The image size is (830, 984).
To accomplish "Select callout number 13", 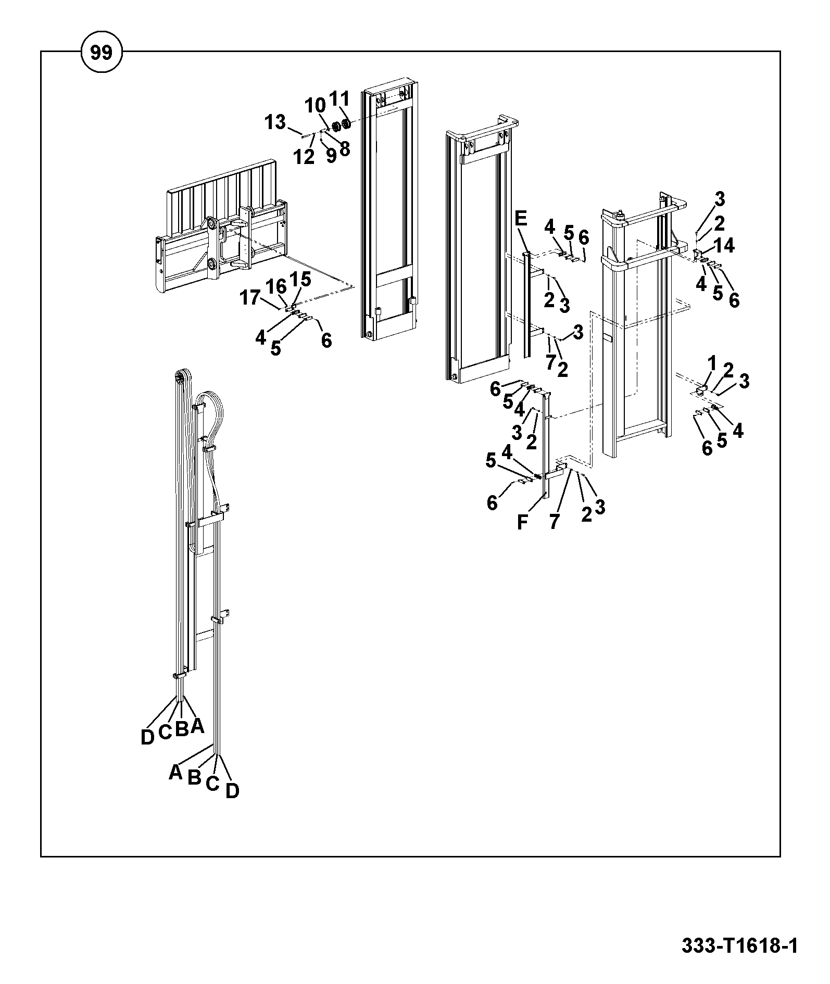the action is point(275,122).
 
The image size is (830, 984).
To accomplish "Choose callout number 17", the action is point(249,298).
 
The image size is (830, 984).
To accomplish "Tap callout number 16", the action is point(277,286).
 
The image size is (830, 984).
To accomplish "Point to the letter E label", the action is point(521,218).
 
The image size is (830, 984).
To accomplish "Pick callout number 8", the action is point(344,149).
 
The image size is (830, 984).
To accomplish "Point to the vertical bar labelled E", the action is point(527,305).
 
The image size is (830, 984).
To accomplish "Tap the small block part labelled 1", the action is point(701,389).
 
